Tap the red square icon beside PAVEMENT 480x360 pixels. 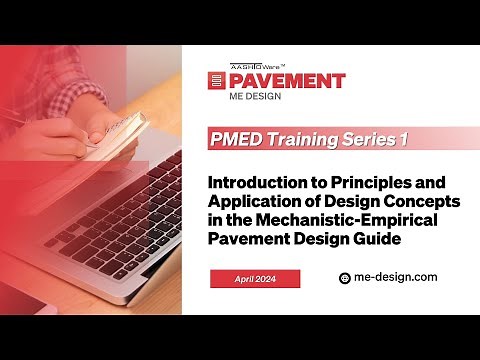click(216, 82)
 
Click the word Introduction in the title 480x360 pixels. click(256, 185)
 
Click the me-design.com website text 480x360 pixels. click(396, 278)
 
